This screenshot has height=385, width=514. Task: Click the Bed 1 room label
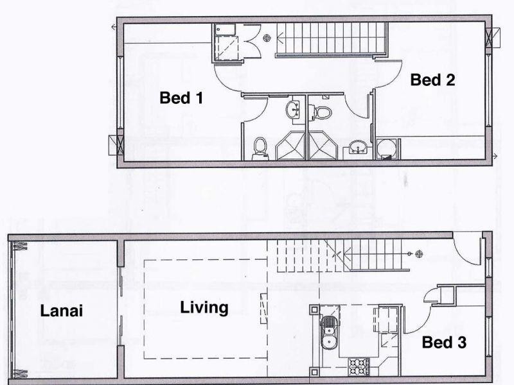181,98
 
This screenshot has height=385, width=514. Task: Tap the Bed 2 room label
432,80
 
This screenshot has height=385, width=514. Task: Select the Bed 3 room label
444,343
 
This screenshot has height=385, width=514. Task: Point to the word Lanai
61,311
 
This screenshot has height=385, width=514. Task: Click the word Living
204,308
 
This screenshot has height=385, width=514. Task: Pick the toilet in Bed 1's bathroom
260,149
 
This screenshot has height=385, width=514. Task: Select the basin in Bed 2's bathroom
357,147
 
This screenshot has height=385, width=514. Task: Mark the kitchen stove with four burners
359,366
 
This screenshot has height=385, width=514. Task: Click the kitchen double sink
327,332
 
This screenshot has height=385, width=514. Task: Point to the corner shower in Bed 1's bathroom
290,146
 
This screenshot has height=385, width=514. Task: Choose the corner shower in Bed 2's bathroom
323,146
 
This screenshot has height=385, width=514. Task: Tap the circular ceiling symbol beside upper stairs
267,38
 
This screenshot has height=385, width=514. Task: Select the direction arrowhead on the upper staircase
279,38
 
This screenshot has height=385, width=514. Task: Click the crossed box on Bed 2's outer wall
493,38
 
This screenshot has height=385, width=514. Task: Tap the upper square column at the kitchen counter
314,309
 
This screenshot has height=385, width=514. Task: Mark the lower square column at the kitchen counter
314,372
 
